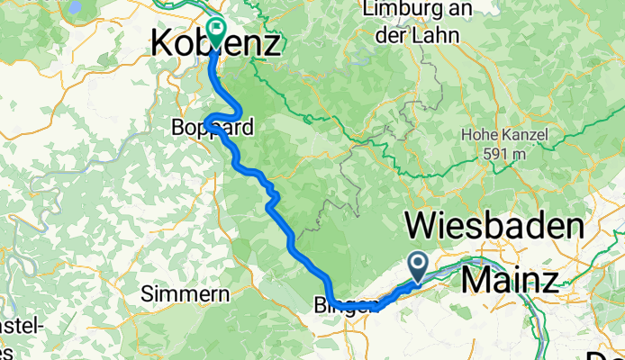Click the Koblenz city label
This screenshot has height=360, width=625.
pos(214,42)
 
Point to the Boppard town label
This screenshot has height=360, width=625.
pos(213,129)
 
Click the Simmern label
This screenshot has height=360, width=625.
pos(176,293)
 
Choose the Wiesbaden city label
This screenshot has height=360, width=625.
pos(494,224)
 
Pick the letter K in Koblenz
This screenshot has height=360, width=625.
pos(166,42)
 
